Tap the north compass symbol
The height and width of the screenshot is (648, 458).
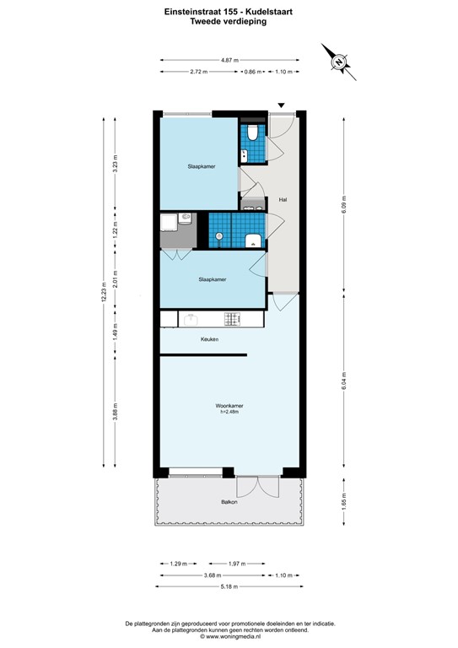[x=338, y=61]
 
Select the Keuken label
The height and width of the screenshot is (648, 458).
[x=209, y=339]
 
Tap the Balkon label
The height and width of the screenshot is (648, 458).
[x=229, y=502]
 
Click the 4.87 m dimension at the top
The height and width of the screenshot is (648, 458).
[x=229, y=61]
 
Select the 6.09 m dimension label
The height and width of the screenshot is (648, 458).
[x=343, y=203]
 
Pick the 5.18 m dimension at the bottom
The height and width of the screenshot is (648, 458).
[x=229, y=586]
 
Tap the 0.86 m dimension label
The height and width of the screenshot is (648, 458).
[x=251, y=72]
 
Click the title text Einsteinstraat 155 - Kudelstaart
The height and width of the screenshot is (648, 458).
[x=229, y=12]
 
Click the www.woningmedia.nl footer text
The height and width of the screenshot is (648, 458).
[x=229, y=637]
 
